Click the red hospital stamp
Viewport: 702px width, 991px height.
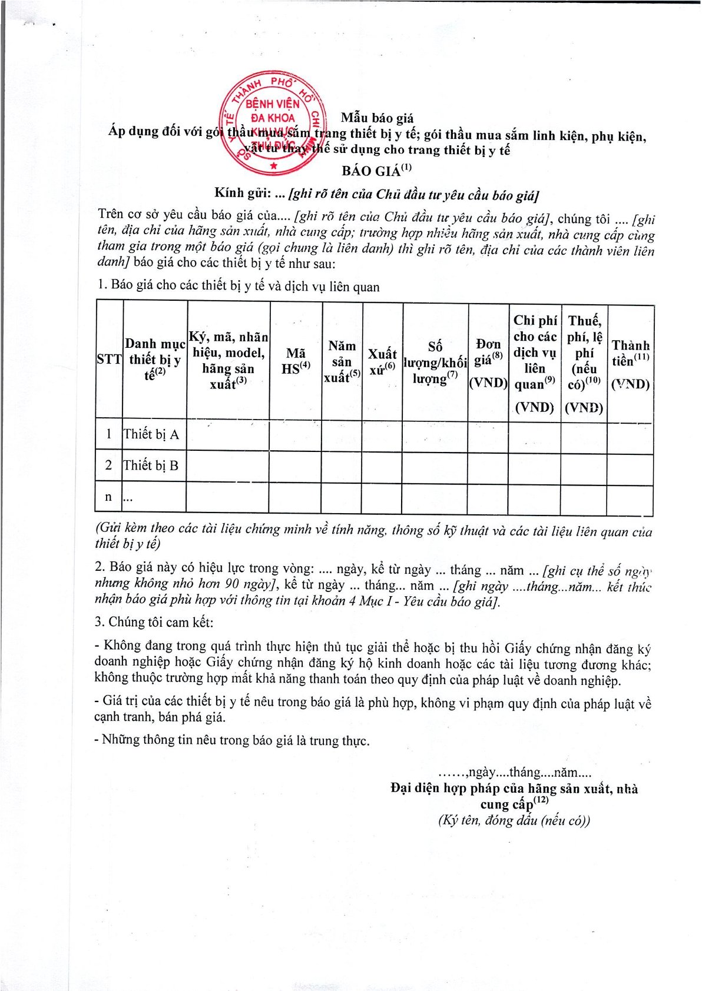272,125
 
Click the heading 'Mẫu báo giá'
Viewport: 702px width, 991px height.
377,118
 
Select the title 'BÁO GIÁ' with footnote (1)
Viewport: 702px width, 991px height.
376,171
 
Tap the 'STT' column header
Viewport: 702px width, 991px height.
109,360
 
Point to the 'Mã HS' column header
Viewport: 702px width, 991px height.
296,361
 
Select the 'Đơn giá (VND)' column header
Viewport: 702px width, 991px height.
488,363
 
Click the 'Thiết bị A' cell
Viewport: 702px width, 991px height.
151,434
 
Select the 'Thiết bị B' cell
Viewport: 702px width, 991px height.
151,465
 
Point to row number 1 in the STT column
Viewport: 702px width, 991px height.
109,434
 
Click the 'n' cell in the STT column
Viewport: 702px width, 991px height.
108,497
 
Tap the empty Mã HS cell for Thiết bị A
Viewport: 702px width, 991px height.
296,435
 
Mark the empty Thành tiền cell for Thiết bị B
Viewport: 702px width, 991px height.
630,469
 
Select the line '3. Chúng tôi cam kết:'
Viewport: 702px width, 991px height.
154,622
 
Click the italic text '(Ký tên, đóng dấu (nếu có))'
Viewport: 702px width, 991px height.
514,820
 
